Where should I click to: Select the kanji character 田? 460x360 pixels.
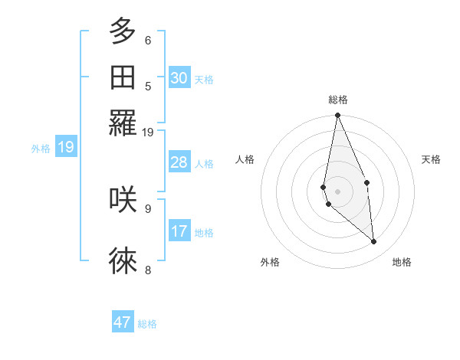(123, 77)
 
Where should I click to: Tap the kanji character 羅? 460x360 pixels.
(123, 123)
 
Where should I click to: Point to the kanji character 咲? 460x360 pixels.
(123, 199)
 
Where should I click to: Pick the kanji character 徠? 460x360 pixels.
(123, 261)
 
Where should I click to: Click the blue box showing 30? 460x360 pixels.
(179, 78)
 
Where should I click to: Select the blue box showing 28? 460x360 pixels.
(179, 162)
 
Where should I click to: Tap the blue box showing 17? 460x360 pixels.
(179, 231)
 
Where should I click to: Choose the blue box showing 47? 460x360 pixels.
(123, 322)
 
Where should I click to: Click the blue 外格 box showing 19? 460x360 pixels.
(65, 147)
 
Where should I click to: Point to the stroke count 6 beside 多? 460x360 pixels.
(148, 40)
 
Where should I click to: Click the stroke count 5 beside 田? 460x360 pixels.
(148, 86)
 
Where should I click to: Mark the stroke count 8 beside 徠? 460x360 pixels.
(148, 270)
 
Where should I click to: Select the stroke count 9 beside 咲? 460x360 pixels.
(148, 207)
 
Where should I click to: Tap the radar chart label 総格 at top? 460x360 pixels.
(337, 100)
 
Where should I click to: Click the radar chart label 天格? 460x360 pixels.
(431, 159)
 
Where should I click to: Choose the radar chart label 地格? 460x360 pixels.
(402, 262)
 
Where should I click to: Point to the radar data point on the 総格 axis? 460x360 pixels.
(337, 116)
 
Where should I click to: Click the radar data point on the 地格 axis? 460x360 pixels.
(374, 242)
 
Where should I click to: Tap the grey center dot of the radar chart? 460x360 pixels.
(337, 191)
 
